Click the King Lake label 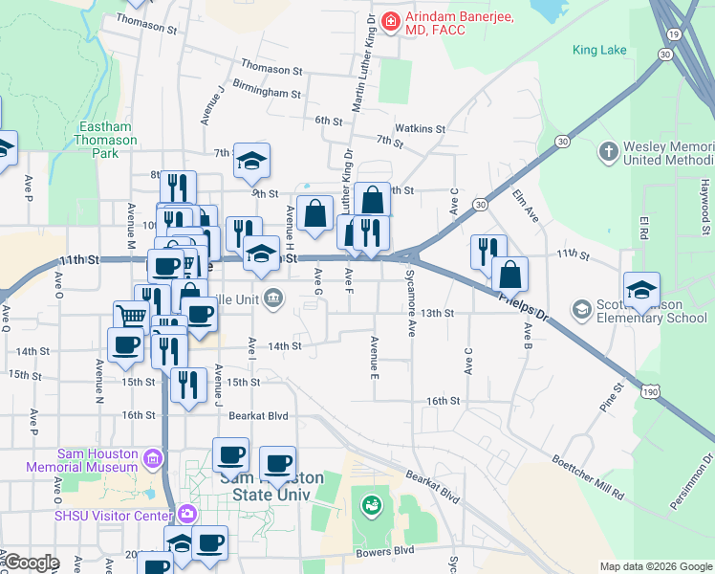pyautogui.click(x=599, y=50)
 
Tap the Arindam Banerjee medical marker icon pyautogui.click(x=390, y=20)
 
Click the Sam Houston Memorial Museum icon pyautogui.click(x=151, y=460)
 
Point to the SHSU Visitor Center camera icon pyautogui.click(x=188, y=514)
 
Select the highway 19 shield pyautogui.click(x=675, y=33)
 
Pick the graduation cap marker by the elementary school pyautogui.click(x=641, y=289)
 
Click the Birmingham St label pyautogui.click(x=267, y=94)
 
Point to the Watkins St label pyautogui.click(x=421, y=128)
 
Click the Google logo pyautogui.click(x=31, y=563)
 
